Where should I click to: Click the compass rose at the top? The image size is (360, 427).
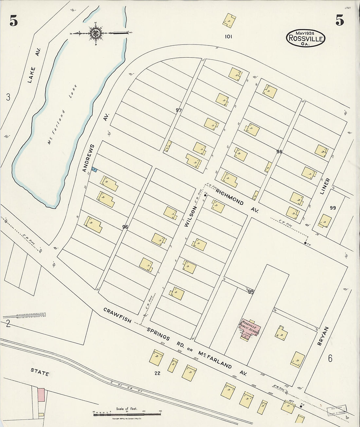pos(96,33)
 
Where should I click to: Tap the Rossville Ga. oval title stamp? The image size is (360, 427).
pos(306,38)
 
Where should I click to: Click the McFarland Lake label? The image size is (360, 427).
pos(62,115)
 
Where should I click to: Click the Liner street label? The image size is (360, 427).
pos(325,186)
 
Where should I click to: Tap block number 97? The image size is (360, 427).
pos(178,110)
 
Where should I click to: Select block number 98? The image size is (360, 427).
pos(279,151)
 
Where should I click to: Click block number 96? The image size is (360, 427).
pos(125,227)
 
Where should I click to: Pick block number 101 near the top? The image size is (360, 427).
pos(228,37)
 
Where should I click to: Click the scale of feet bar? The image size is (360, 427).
pos(127,414)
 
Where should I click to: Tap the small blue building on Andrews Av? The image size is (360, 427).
pos(94,169)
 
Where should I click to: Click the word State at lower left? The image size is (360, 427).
pos(40,372)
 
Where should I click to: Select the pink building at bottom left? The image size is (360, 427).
pos(41,395)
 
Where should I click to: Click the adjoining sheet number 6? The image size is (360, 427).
pos(330,359)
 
